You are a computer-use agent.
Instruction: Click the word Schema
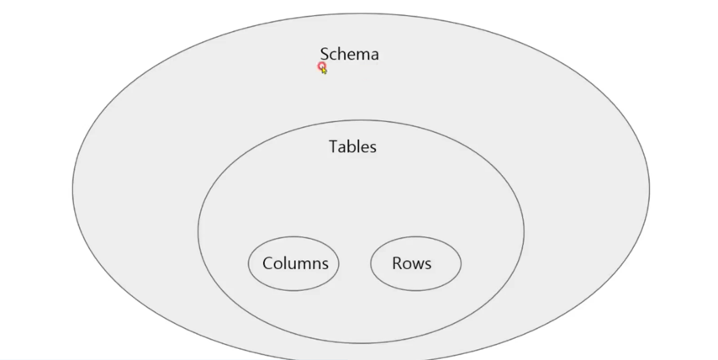click(349, 55)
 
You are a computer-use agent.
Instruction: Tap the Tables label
click(352, 146)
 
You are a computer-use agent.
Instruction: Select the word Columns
click(295, 263)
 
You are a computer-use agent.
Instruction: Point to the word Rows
click(411, 263)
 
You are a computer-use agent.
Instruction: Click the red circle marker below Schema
click(321, 66)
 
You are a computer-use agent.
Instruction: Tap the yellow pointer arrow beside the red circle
click(325, 71)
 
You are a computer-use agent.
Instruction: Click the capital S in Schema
click(325, 55)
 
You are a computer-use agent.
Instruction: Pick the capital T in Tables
click(333, 146)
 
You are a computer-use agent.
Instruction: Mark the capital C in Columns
click(268, 263)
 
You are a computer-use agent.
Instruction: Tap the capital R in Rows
click(397, 263)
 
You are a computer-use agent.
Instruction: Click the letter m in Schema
click(362, 56)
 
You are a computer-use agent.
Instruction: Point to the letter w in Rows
click(418, 264)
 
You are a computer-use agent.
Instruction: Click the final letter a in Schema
click(374, 56)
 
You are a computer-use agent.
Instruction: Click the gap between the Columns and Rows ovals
click(355, 263)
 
